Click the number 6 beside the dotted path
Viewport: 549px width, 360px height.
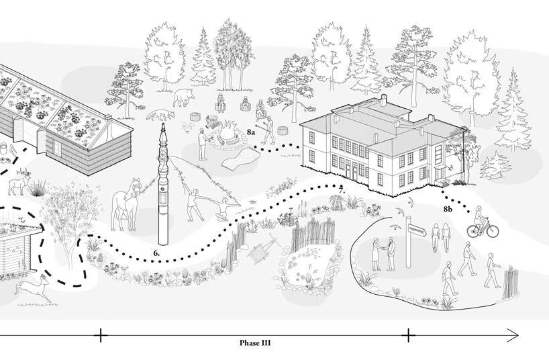tap(156, 253)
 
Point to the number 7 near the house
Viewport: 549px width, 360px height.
tap(342, 191)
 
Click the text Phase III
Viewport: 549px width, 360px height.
tap(259, 342)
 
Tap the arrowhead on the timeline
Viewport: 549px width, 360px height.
tap(513, 334)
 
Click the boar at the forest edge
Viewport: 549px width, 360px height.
tap(182, 99)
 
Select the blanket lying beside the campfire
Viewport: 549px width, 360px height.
tap(239, 159)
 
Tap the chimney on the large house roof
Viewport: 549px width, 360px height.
tap(383, 100)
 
